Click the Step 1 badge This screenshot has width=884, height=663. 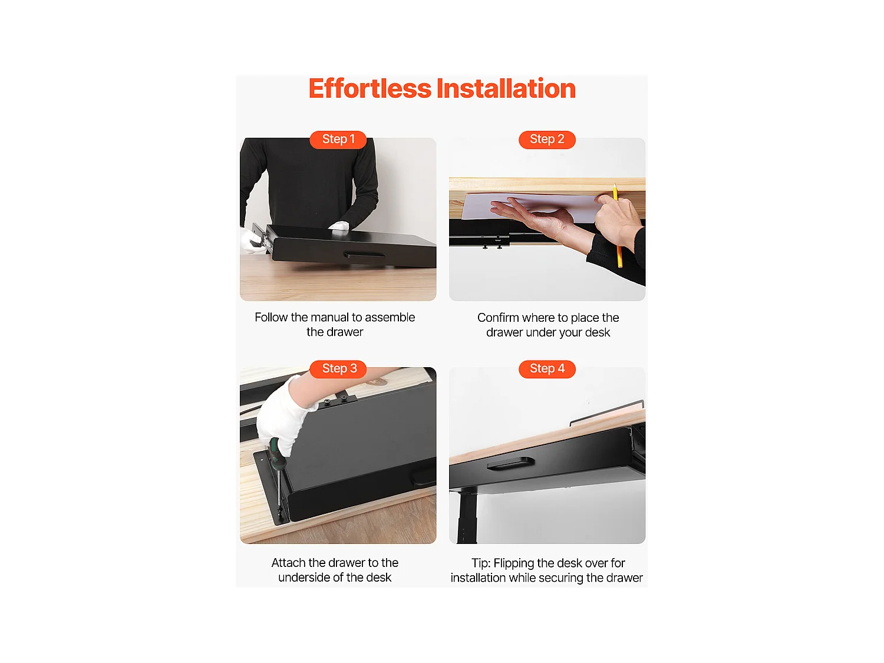click(338, 140)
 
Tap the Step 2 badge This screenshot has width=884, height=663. click(547, 140)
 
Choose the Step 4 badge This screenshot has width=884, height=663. click(547, 369)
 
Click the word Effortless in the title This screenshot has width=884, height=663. click(370, 89)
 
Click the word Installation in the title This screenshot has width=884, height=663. click(506, 89)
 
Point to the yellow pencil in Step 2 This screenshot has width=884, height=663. click(618, 230)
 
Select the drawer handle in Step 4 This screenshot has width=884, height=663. click(510, 464)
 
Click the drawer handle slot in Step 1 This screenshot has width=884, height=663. click(364, 255)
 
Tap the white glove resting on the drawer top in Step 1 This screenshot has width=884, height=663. click(339, 227)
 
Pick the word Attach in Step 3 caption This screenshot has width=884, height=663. click(288, 563)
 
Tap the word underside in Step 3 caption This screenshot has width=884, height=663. click(303, 578)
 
